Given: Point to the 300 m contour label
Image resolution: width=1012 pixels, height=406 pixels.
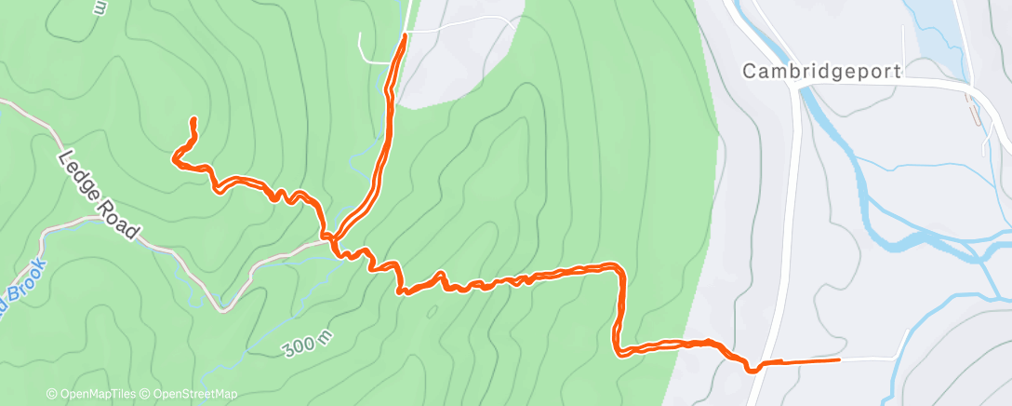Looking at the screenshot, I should tap(307, 345).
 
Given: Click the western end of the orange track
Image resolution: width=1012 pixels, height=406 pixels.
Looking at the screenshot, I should tap(175, 158).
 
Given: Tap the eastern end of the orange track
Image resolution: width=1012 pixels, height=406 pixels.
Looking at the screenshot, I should tap(839, 359).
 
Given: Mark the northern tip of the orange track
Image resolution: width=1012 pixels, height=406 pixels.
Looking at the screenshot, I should tap(405, 35).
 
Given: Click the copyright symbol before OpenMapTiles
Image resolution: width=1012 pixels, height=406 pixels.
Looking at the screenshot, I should tap(52, 394).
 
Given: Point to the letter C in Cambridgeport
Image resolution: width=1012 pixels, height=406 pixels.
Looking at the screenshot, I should tap(749, 70).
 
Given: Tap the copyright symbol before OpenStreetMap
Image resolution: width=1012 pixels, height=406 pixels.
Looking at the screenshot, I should tap(147, 394).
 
